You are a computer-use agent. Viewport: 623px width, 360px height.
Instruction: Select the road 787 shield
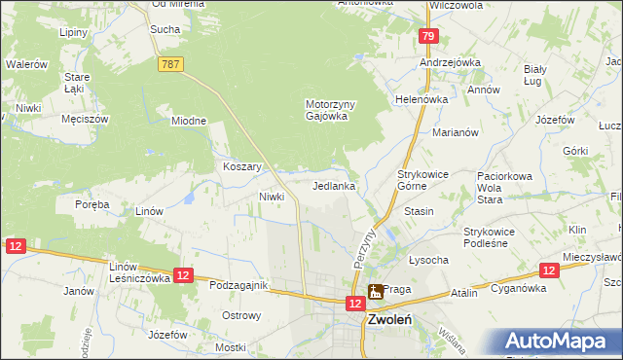click(x=169, y=62)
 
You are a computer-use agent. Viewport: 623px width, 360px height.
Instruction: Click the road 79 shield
click(x=427, y=36)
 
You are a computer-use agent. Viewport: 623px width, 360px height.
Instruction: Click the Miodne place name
click(x=189, y=121)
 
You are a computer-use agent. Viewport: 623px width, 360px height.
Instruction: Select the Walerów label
click(x=27, y=64)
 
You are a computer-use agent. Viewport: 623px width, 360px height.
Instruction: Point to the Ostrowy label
click(x=241, y=315)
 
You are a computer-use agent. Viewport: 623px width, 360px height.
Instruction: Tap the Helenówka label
click(x=421, y=99)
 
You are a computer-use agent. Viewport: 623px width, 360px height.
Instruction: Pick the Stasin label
click(x=419, y=211)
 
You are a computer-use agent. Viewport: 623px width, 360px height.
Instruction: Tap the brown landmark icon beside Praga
click(x=374, y=291)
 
